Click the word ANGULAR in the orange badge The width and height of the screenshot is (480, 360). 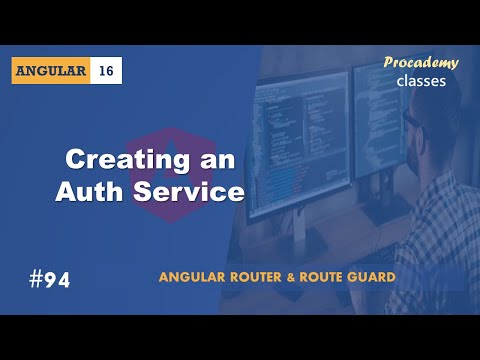point(53,71)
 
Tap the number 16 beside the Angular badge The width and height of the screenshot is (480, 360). point(107,71)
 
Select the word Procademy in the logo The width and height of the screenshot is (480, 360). point(421,63)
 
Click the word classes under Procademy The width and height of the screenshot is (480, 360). point(421,80)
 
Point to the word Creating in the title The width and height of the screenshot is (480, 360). point(111,159)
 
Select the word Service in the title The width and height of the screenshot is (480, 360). point(193,191)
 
